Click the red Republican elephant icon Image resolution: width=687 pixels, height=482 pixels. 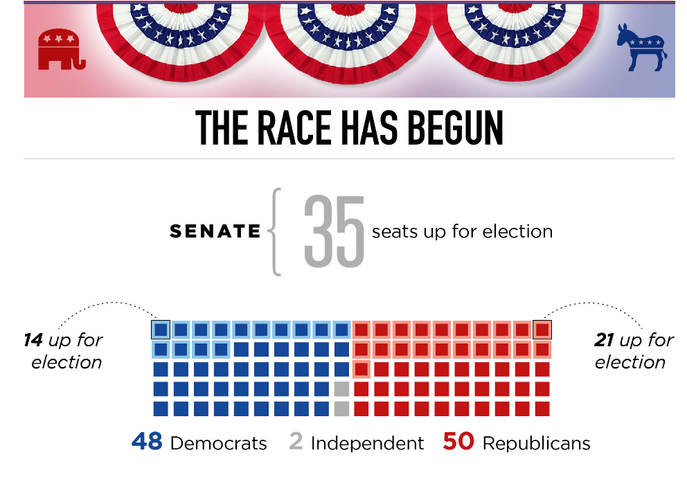(x=62, y=50)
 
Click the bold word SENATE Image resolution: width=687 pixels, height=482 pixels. (x=215, y=232)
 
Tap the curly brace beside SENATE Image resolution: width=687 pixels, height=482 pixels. (x=276, y=232)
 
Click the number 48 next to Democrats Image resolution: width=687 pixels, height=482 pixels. (x=147, y=442)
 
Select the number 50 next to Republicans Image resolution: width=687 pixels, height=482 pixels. (x=458, y=442)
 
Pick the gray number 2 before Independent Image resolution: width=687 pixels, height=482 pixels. (x=296, y=442)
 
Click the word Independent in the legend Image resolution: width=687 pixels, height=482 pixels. (x=367, y=443)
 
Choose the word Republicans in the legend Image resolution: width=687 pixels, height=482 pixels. (x=536, y=443)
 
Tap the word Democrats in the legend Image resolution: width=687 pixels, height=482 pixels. (x=218, y=443)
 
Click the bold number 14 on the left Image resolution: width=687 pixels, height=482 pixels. (x=33, y=341)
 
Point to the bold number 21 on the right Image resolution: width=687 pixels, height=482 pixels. (x=605, y=341)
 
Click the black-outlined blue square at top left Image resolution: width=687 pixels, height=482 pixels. (x=161, y=329)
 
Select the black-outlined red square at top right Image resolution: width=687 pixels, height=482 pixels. (x=542, y=329)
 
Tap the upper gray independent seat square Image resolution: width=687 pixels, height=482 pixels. (x=341, y=389)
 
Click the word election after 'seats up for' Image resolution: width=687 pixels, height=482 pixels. (x=519, y=231)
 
